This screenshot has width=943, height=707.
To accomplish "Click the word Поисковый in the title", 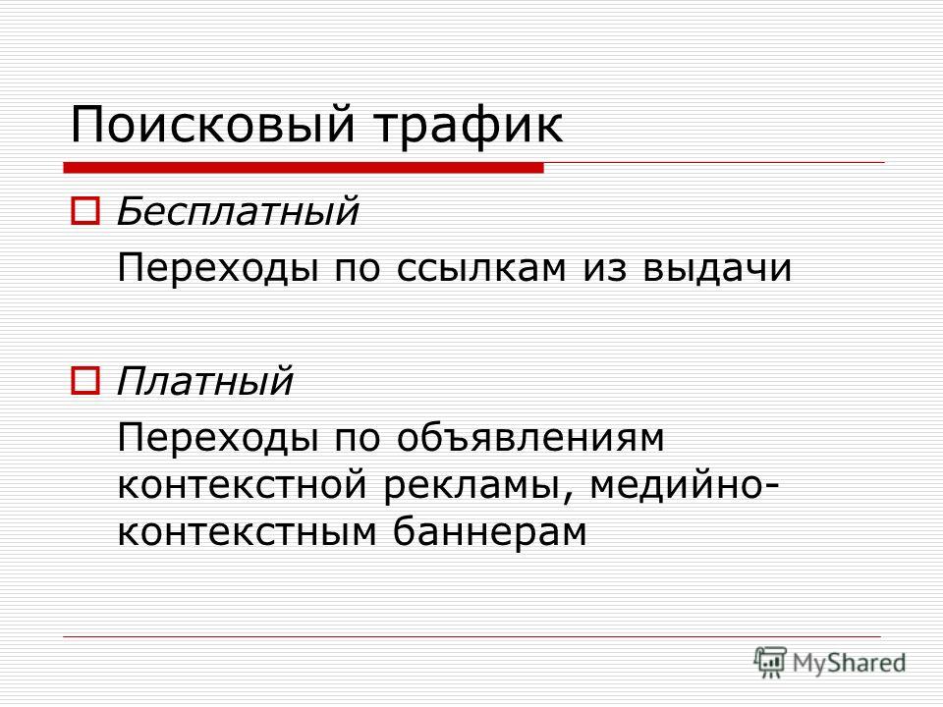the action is coord(211,125).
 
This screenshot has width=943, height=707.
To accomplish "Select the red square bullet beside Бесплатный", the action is coord(85,211).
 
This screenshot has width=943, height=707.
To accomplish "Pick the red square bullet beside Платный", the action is coord(85,381).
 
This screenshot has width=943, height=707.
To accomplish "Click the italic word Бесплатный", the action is coord(238,211).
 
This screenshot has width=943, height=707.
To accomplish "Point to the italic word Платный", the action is coord(204,381).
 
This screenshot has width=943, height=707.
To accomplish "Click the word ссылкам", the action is coord(481,268).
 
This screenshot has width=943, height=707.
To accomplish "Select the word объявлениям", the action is coord(530,437).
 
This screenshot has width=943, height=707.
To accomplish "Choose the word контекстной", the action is coord(242,484).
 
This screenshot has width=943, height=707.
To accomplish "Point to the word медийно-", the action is coord(684,484).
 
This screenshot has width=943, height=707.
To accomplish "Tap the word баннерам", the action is coord(489,531).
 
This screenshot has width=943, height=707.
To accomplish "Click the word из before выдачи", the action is coord(604,268).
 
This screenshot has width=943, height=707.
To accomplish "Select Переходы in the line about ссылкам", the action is coord(217,267).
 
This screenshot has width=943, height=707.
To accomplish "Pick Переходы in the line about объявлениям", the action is coord(217,437).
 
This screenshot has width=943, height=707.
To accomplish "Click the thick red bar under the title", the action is coord(304,168).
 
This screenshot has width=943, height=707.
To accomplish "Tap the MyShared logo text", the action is coord(849,663).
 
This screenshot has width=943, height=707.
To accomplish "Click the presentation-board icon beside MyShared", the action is coord(770,661).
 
